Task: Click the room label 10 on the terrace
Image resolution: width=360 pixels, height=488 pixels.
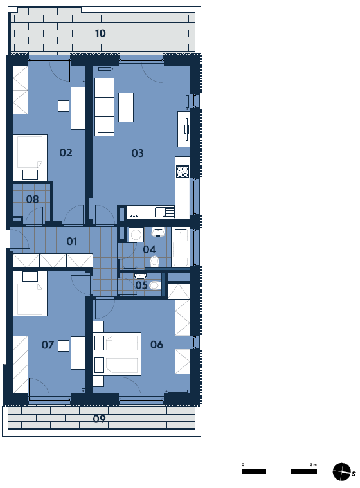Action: [100, 33]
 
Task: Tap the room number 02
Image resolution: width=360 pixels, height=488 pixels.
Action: [66, 152]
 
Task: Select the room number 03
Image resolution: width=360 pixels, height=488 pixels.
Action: [138, 153]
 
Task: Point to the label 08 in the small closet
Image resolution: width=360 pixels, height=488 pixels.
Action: [32, 199]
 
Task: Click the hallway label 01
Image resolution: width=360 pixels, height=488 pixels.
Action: [72, 241]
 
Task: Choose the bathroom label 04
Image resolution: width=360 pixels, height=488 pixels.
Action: [149, 249]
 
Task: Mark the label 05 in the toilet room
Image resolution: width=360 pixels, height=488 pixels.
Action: [141, 285]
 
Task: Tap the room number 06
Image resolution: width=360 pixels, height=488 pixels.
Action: [157, 345]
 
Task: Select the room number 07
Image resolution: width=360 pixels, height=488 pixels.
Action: [48, 345]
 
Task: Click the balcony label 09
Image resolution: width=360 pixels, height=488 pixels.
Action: [100, 419]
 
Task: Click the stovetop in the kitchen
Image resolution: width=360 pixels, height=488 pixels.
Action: [183, 172]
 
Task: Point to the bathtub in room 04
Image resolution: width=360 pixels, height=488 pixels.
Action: [181, 248]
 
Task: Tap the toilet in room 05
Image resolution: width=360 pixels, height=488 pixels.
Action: [156, 285]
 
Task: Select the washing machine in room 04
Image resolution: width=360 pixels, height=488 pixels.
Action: [136, 235]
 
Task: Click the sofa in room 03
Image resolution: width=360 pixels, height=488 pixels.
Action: [105, 107]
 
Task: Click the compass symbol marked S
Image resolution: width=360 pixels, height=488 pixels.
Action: [342, 472]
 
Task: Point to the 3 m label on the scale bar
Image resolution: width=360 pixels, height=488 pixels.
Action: [313, 465]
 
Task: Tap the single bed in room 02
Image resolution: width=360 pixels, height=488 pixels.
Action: [30, 158]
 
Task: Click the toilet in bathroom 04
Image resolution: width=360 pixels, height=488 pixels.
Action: [155, 262]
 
